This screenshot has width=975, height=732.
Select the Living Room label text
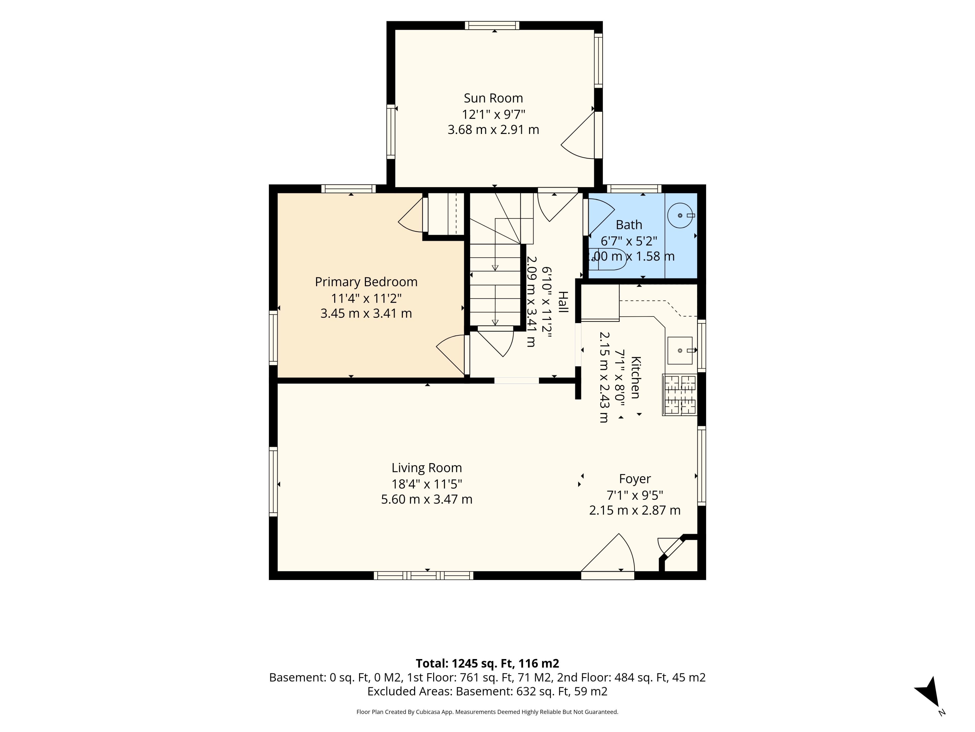[427, 468]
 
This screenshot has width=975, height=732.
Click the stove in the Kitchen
[679, 395]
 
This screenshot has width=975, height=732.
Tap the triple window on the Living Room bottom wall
[424, 575]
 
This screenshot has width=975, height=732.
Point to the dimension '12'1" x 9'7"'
[493, 115]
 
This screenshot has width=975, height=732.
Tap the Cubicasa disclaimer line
[487, 712]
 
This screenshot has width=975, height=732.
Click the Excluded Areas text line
[487, 691]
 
